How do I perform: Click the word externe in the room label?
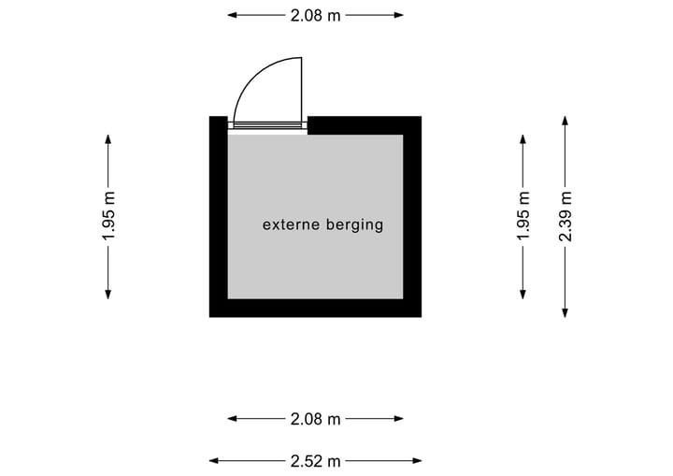(291, 224)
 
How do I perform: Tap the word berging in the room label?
(354, 225)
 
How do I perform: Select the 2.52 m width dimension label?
(315, 460)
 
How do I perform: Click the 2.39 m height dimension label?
(565, 216)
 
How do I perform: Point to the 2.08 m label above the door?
(315, 15)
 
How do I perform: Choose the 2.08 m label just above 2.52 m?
(315, 419)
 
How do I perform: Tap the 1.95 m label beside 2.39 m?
(523, 216)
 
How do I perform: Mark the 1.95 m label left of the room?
(108, 216)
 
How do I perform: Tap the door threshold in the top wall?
(268, 125)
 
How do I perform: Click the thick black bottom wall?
(315, 308)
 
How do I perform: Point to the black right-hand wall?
(412, 216)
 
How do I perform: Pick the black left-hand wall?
(218, 216)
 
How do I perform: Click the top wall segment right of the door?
(364, 125)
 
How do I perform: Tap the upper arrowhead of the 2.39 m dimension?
(565, 120)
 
